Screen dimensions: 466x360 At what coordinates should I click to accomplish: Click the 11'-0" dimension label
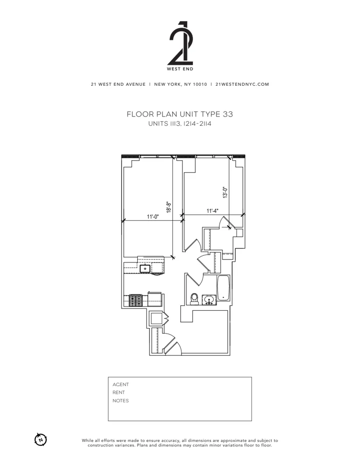tap(153, 217)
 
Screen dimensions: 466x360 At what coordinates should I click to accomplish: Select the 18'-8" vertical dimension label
tap(170, 207)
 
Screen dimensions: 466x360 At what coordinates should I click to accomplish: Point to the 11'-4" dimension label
tap(213, 211)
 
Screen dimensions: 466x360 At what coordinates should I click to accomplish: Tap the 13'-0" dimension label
tap(225, 193)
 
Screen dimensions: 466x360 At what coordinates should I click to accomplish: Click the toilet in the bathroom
tap(195, 299)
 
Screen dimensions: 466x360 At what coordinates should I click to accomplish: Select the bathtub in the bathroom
tap(224, 288)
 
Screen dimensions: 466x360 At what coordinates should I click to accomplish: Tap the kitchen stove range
tap(135, 301)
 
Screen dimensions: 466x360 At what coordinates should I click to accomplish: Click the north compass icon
tap(41, 439)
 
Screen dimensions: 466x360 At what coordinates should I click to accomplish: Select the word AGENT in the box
tap(121, 384)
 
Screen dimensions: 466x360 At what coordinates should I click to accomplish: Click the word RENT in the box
tap(119, 392)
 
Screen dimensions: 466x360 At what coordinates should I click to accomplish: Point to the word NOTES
tap(121, 401)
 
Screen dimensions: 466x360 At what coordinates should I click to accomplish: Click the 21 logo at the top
tap(180, 44)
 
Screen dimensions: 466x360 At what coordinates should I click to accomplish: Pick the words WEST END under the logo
tap(180, 69)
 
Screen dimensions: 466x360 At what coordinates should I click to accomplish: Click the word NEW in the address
tap(161, 84)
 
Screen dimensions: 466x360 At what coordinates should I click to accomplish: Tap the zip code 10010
tap(197, 84)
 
